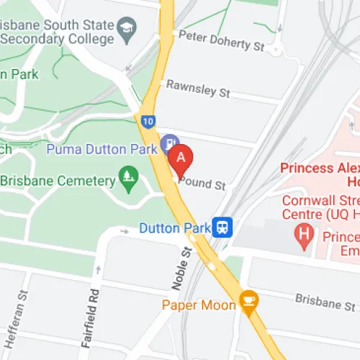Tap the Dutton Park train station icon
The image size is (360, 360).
(222, 228)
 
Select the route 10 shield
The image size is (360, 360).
(148, 122)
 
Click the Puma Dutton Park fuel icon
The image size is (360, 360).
(170, 143)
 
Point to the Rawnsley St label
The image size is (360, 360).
(197, 89)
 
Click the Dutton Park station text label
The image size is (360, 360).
(174, 228)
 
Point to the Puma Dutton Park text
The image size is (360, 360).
(101, 150)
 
